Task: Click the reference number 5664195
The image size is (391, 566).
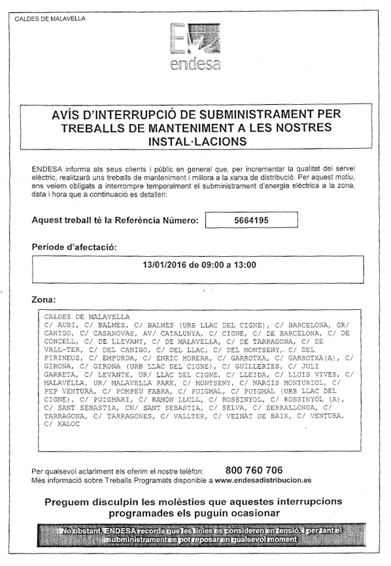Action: pyautogui.click(x=251, y=221)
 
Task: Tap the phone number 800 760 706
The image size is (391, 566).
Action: pyautogui.click(x=254, y=470)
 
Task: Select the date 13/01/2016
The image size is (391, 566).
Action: pyautogui.click(x=164, y=265)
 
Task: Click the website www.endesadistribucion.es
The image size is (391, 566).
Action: pyautogui.click(x=263, y=480)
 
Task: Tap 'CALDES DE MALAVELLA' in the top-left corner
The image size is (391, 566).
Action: pyautogui.click(x=50, y=18)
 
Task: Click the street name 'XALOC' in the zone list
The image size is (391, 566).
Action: pyautogui.click(x=67, y=424)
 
